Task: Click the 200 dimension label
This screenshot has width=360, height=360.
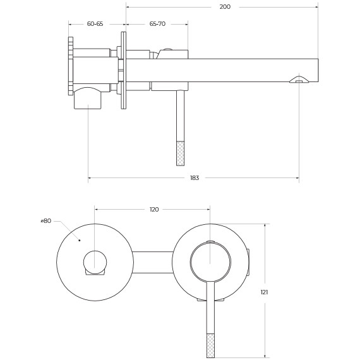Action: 225,7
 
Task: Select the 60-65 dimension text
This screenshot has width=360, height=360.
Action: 95,23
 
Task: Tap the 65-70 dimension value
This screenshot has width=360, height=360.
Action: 157,23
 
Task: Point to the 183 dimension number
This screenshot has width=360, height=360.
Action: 194,178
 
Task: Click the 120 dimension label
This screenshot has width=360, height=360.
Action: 153,209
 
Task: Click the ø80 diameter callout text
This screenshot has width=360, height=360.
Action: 45,221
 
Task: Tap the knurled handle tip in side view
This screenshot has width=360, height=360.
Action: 179,151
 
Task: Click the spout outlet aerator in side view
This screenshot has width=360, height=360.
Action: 298,80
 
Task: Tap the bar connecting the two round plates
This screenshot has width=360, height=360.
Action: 152,263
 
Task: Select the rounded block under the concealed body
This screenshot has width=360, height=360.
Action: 87,99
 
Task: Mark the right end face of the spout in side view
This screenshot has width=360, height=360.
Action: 317,70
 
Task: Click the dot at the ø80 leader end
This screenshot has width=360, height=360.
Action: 79,240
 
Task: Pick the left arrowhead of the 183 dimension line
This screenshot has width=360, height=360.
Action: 90,178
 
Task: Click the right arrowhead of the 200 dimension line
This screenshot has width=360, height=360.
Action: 316,7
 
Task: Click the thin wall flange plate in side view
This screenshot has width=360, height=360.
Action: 122,70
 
